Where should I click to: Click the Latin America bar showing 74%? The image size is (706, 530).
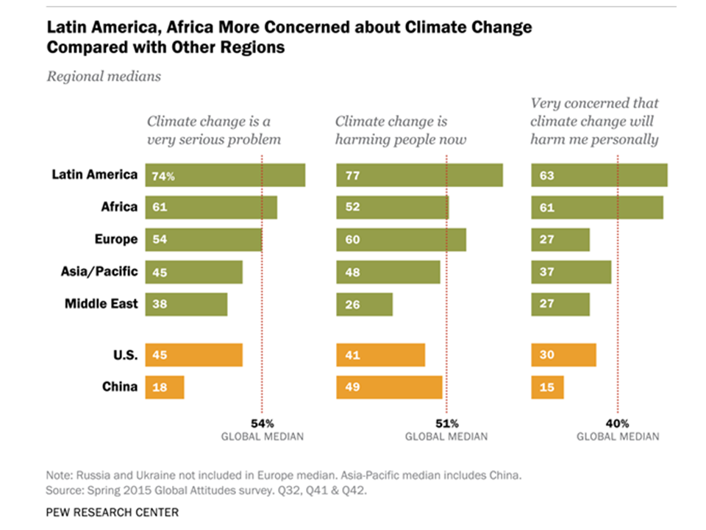click(x=225, y=175)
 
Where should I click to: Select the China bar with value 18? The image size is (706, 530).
click(x=165, y=386)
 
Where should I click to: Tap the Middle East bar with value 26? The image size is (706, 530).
click(x=364, y=303)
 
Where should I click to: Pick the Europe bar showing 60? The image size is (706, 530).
click(x=401, y=239)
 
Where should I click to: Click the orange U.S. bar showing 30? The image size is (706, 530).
click(x=563, y=354)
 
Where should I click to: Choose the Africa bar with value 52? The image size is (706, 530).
click(x=392, y=208)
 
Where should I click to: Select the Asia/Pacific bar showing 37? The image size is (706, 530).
click(x=571, y=272)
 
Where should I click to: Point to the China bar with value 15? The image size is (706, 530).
click(x=547, y=386)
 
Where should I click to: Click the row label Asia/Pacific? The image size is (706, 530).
click(x=101, y=271)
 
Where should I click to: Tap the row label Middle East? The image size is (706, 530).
click(x=101, y=303)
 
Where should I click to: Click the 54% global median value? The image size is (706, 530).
click(x=263, y=423)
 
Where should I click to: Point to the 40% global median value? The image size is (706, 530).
click(x=618, y=423)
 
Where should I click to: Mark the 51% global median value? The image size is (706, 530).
click(x=446, y=423)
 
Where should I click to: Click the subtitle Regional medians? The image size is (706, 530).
click(x=104, y=76)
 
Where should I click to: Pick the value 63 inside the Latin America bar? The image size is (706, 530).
click(x=546, y=176)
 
